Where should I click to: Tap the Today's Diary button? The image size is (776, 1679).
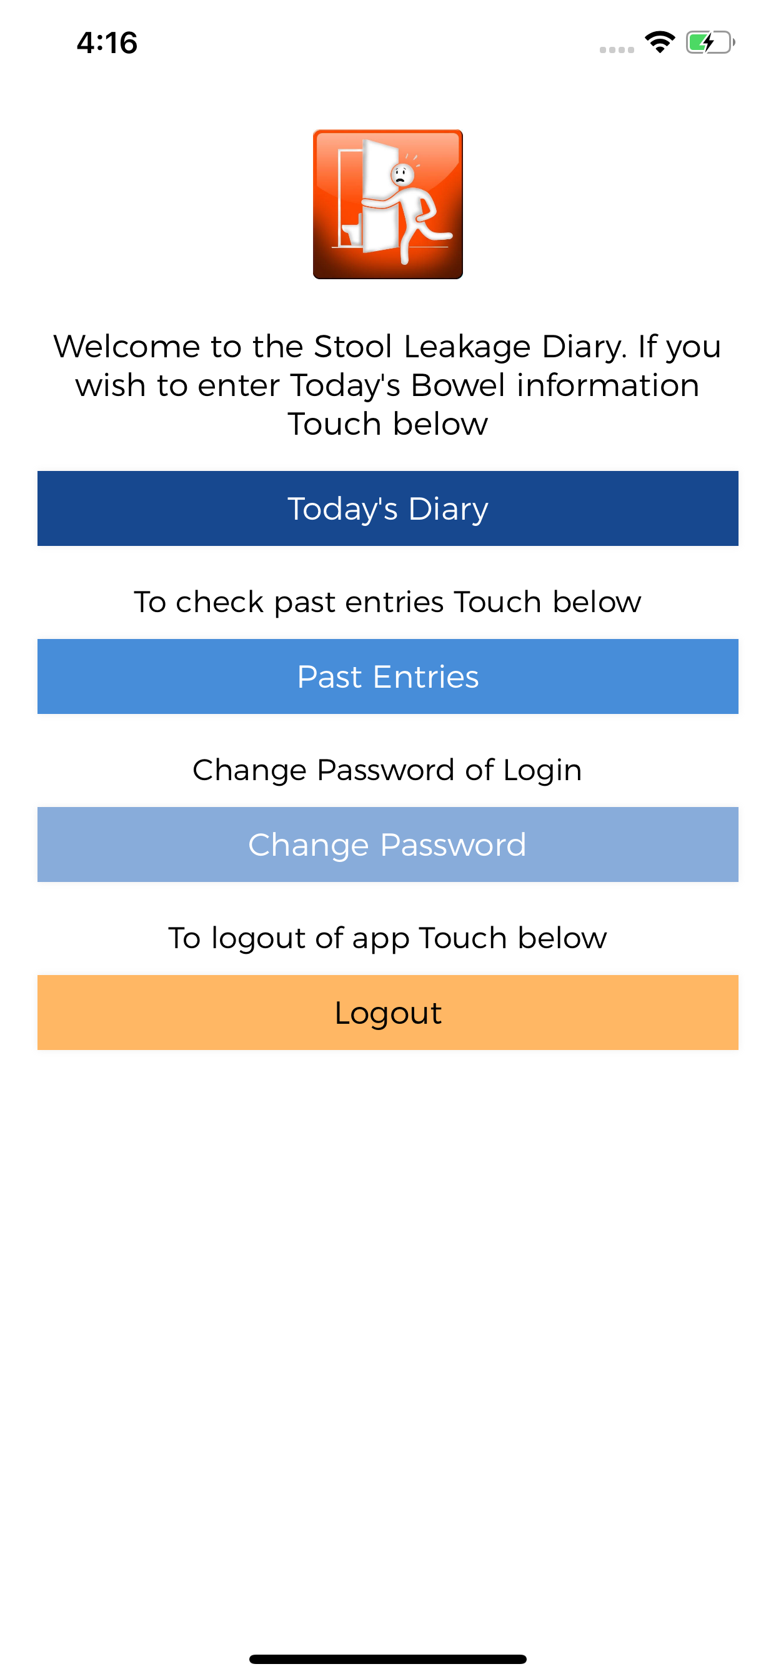coord(388,508)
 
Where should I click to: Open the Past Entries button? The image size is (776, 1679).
coord(388,676)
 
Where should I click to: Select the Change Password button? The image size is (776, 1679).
coord(388,844)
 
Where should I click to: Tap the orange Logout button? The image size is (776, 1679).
coord(388,1013)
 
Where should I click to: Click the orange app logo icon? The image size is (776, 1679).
coord(388,204)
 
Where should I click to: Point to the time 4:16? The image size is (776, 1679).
coord(107,43)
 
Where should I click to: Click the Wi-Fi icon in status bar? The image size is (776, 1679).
coord(660,42)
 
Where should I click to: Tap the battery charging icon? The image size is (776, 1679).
coord(710,43)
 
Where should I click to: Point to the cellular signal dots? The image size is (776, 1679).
coord(617,49)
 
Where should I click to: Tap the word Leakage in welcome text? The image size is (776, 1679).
coord(466,346)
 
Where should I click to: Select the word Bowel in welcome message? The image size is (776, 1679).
coord(459,385)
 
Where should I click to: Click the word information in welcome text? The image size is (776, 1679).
coord(608,385)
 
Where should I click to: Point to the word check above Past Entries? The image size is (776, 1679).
coord(219,602)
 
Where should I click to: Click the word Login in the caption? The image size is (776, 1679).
coord(542,770)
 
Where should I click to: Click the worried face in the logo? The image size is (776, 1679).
coord(400,174)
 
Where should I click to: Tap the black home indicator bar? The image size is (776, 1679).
coord(388,1659)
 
